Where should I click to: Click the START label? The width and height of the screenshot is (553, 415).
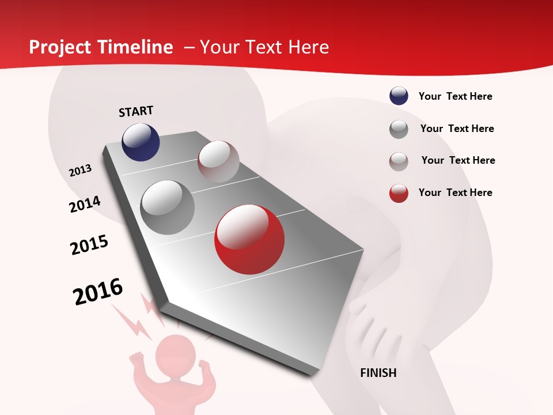136,111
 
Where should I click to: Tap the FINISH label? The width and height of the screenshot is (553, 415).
378,373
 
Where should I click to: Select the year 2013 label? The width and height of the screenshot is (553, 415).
80,171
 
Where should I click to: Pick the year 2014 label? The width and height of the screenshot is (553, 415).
85,205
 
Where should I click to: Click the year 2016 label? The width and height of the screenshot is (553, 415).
98,292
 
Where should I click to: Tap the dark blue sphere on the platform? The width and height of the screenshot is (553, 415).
141,142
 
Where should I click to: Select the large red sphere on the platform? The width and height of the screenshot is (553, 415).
249,239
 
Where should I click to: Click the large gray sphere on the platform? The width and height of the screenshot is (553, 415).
167,207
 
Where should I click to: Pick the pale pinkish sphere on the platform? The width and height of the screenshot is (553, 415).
218,161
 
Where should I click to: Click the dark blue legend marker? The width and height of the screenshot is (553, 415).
399,96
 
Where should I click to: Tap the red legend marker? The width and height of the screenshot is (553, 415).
399,193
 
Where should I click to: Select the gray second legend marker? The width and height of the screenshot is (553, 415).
399,129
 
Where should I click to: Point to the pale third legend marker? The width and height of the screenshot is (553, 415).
399,161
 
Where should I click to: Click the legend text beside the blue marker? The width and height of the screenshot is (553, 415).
455,96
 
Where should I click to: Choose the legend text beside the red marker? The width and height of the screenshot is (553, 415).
455,193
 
